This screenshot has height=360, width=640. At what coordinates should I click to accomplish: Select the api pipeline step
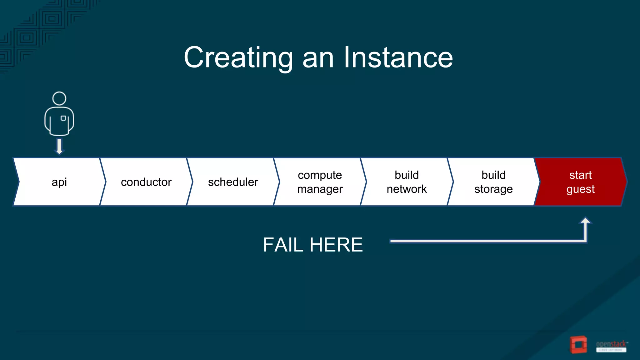click(x=59, y=182)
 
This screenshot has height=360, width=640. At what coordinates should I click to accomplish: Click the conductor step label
click(x=146, y=182)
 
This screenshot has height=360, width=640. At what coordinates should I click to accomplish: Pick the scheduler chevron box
click(x=233, y=182)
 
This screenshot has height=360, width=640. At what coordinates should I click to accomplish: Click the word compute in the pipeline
click(x=320, y=175)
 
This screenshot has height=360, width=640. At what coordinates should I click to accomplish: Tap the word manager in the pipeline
click(x=320, y=189)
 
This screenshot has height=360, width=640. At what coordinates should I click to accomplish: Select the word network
click(x=407, y=189)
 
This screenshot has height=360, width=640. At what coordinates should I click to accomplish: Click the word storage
click(x=493, y=189)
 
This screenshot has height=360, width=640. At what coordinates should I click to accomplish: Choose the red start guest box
click(x=580, y=182)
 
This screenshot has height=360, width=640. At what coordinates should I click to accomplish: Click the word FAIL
click(x=283, y=245)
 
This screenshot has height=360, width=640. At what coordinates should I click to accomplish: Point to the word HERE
click(x=336, y=245)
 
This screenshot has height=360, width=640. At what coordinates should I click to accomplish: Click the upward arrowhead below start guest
click(x=585, y=221)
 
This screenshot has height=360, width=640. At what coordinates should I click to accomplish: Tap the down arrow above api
click(x=59, y=147)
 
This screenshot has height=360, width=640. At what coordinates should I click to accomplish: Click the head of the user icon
click(x=59, y=98)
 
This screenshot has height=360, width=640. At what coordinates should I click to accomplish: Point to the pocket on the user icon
click(x=63, y=118)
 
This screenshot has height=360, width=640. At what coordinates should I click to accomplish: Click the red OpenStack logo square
click(x=578, y=345)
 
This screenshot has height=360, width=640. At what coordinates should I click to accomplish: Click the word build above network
click(x=407, y=175)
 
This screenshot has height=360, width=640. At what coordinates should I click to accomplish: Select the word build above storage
click(x=493, y=175)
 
